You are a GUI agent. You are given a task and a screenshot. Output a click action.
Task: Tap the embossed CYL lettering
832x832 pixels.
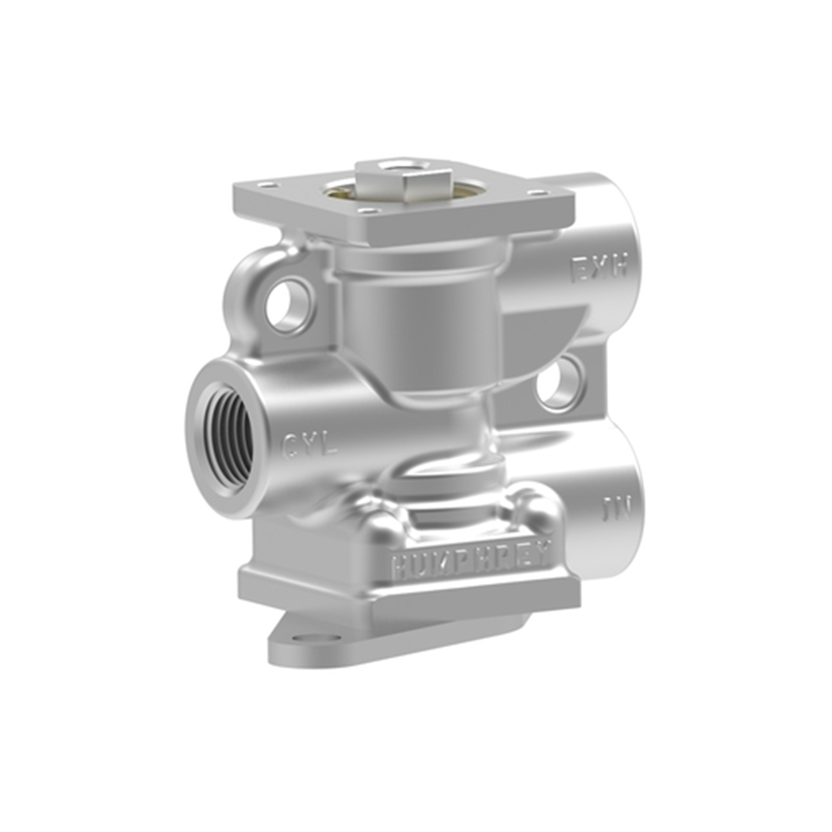point(310,445)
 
